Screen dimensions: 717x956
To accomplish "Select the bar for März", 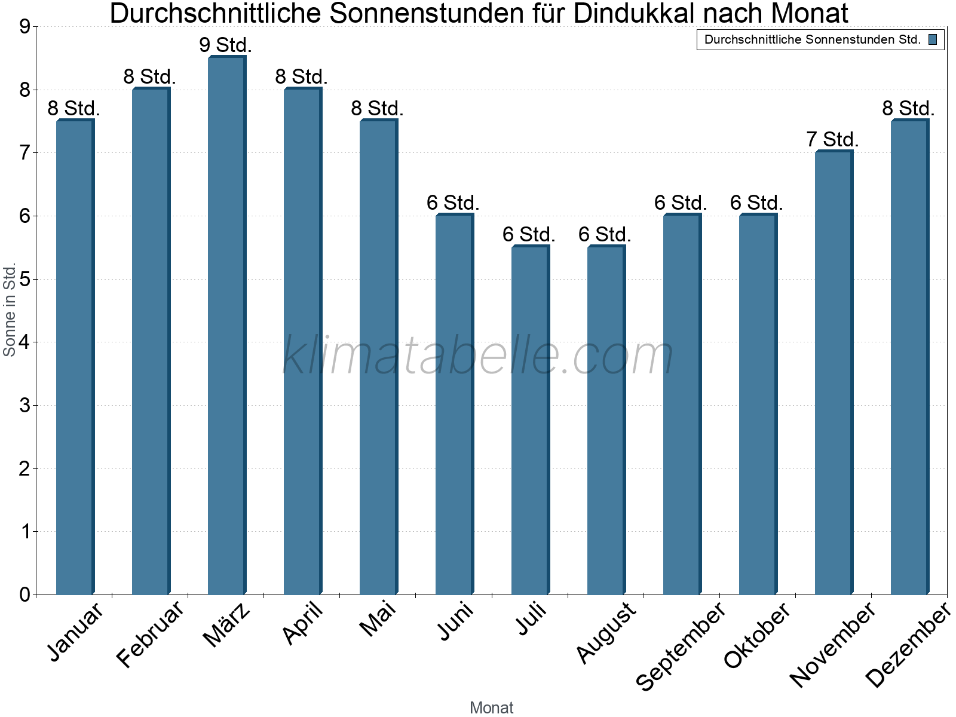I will pyautogui.click(x=226, y=326).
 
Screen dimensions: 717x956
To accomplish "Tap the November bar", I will pyautogui.click(x=834, y=373).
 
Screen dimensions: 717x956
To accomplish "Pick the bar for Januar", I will pyautogui.click(x=75, y=357).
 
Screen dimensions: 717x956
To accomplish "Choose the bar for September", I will pyautogui.click(x=682, y=405).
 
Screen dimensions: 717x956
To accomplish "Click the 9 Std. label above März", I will pyautogui.click(x=226, y=45).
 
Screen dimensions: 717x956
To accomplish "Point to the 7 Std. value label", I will pyautogui.click(x=832, y=139).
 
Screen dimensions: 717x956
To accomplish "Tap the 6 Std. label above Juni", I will pyautogui.click(x=453, y=203).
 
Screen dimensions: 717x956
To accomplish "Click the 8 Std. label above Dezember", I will pyautogui.click(x=908, y=108).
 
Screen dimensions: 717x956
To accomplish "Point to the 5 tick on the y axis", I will pyautogui.click(x=24, y=279).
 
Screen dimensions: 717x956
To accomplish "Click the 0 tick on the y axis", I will pyautogui.click(x=24, y=595).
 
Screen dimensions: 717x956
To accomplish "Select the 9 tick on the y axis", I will pyautogui.click(x=24, y=27).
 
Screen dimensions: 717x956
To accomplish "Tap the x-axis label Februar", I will pyautogui.click(x=150, y=635).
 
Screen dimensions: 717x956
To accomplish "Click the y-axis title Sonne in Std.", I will pyautogui.click(x=10, y=310).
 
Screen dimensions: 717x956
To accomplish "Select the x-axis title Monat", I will pyautogui.click(x=491, y=707).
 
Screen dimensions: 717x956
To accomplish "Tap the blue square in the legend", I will pyautogui.click(x=933, y=40).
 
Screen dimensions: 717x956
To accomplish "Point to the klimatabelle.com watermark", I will pyautogui.click(x=478, y=356).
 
